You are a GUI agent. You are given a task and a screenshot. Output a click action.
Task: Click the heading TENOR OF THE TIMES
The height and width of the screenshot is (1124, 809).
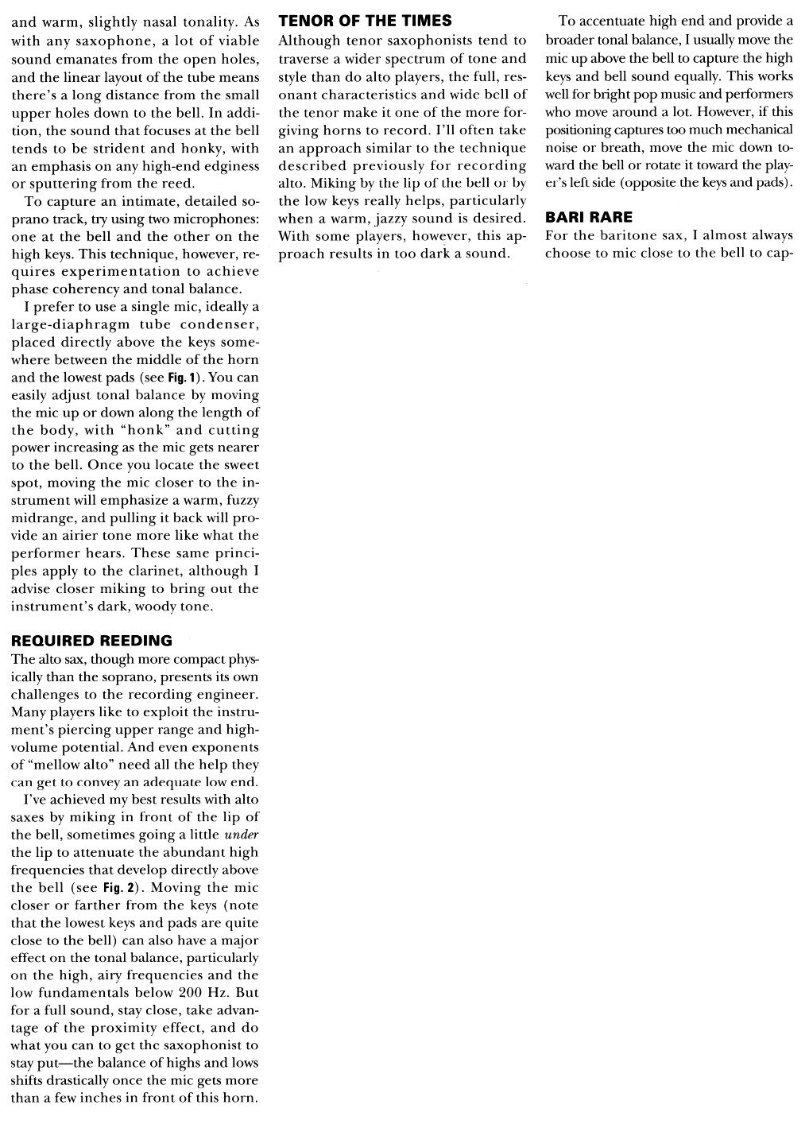click(x=366, y=21)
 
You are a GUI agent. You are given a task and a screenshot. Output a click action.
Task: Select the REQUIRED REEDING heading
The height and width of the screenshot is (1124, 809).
click(x=91, y=641)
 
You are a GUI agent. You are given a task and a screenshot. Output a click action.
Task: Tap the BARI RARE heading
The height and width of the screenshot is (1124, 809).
click(x=589, y=217)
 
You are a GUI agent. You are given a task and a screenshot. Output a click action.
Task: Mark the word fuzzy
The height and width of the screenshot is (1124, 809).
click(x=242, y=501)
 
